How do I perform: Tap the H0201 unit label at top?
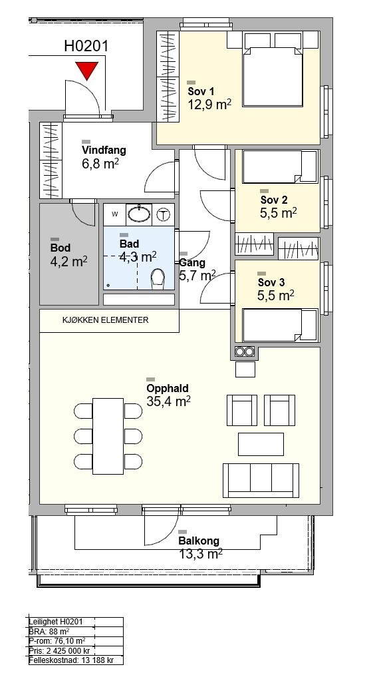point(86,47)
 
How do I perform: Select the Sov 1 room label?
point(201,92)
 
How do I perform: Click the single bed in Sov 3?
point(280,326)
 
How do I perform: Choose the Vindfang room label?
point(104,150)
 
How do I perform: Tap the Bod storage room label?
point(61,248)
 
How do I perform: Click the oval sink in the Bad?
point(139,214)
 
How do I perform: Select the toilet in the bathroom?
point(158,279)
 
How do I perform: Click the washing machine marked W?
point(115,214)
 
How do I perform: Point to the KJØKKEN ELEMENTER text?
point(106,320)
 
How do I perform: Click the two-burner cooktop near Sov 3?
point(245,351)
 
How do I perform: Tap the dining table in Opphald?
point(108,436)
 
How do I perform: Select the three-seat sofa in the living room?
point(261,480)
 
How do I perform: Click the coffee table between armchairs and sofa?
point(261,444)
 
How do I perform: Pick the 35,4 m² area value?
point(168,401)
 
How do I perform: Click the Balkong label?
point(199,541)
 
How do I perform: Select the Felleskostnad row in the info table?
point(71,660)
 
